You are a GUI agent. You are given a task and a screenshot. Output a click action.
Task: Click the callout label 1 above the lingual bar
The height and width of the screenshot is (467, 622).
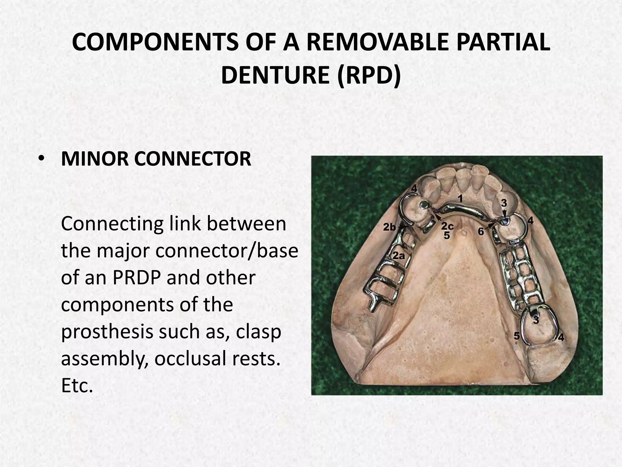(x=460, y=199)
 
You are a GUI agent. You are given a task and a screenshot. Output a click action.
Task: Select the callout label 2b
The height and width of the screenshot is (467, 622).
(x=389, y=227)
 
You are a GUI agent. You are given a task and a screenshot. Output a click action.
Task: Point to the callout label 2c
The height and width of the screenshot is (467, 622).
(x=447, y=226)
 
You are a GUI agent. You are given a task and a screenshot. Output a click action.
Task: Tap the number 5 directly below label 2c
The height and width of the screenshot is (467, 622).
(x=446, y=235)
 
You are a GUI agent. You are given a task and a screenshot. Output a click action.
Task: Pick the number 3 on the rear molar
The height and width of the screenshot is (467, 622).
(x=536, y=320)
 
